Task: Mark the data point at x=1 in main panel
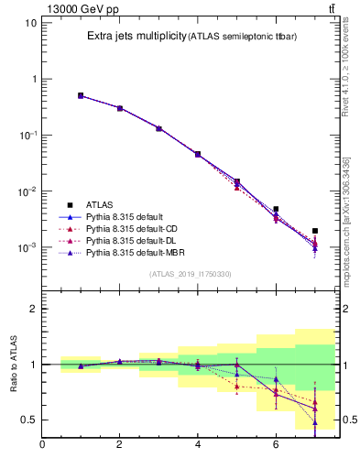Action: coord(81,95)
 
